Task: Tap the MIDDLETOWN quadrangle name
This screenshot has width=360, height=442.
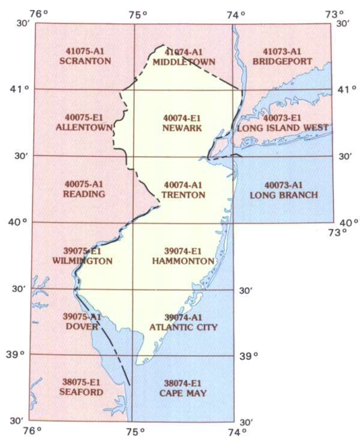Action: pyautogui.click(x=184, y=62)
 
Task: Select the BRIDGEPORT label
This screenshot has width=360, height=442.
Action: pyautogui.click(x=284, y=62)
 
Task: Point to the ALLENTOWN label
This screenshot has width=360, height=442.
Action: pyautogui.click(x=85, y=128)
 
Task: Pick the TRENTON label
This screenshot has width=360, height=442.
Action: pyautogui.click(x=183, y=195)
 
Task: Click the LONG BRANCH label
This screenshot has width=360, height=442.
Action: pyautogui.click(x=284, y=195)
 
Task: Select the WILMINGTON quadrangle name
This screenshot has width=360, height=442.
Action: pyautogui.click(x=82, y=261)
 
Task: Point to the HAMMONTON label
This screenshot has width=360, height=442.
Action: pyautogui.click(x=183, y=261)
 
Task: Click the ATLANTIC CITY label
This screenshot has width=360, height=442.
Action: pyautogui.click(x=183, y=327)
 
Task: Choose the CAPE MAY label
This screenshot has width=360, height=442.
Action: pyautogui.click(x=184, y=393)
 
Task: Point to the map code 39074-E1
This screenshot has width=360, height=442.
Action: pyautogui.click(x=183, y=251)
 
